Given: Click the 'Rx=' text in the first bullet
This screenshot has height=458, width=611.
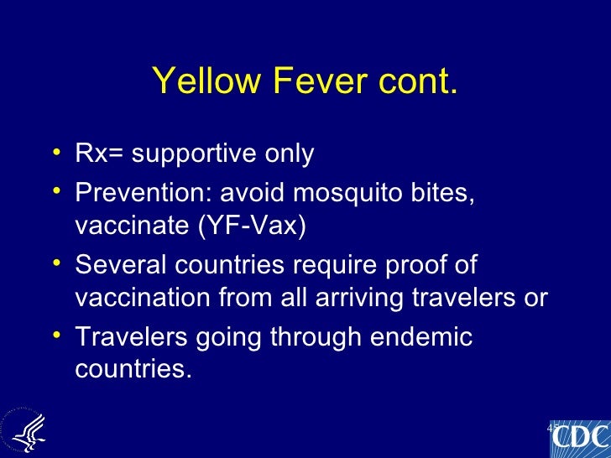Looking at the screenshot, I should pyautogui.click(x=95, y=154).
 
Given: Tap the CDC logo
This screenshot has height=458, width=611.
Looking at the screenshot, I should pyautogui.click(x=578, y=438).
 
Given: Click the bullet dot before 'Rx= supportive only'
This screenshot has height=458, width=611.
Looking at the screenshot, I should pyautogui.click(x=55, y=153).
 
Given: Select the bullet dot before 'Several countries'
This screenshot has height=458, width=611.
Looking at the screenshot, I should pyautogui.click(x=55, y=263).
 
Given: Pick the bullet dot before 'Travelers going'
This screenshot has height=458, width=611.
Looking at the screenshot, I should pyautogui.click(x=55, y=336).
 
